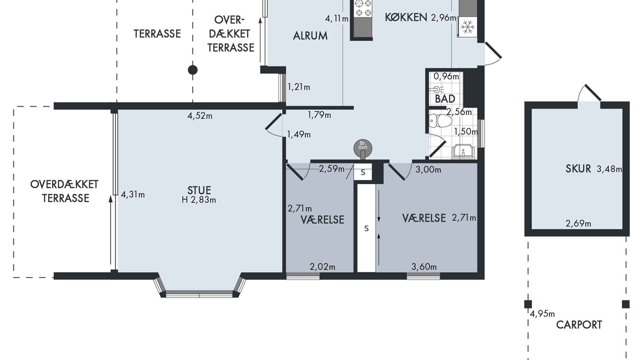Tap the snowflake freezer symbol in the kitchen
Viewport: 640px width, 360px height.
467,26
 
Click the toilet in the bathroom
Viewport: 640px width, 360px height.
440,120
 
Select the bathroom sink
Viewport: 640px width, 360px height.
463,151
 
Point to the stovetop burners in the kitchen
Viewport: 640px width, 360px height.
363,7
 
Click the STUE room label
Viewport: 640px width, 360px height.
199,190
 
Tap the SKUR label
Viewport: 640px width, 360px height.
578,168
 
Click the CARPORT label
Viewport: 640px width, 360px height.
579,325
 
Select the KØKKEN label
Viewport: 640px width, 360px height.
406,17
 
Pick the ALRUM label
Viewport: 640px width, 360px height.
310,35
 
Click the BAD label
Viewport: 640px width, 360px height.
445,99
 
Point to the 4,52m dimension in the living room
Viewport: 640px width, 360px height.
199,115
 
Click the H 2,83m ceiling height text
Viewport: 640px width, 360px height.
199,199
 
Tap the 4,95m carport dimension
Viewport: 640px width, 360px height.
542,314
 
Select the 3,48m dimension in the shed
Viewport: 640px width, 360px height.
609,169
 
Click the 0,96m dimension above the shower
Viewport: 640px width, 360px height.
446,76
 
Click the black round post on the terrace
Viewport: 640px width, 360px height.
193,70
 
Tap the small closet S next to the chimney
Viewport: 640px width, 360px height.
363,172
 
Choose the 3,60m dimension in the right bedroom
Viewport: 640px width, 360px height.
424,267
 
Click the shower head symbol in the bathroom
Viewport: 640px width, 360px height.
436,89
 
